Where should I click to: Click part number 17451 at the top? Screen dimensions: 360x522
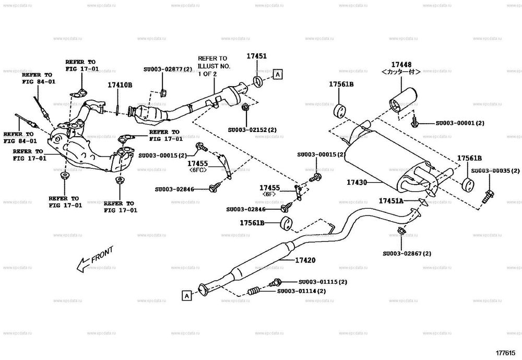pyautogui.click(x=257, y=56)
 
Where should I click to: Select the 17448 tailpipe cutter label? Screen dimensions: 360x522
pyautogui.click(x=400, y=65)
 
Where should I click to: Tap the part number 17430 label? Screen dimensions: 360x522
pyautogui.click(x=357, y=183)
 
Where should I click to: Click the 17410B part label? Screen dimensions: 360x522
pyautogui.click(x=120, y=85)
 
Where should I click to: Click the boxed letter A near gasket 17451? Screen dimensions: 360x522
pyautogui.click(x=278, y=75)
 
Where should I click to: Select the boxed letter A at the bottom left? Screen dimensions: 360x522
pyautogui.click(x=185, y=296)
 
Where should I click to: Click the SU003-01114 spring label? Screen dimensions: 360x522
pyautogui.click(x=301, y=291)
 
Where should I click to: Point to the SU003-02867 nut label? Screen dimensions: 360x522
pyautogui.click(x=407, y=254)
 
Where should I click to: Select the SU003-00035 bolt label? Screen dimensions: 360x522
pyautogui.click(x=495, y=171)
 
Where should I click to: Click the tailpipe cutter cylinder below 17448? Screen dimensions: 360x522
pyautogui.click(x=403, y=101)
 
